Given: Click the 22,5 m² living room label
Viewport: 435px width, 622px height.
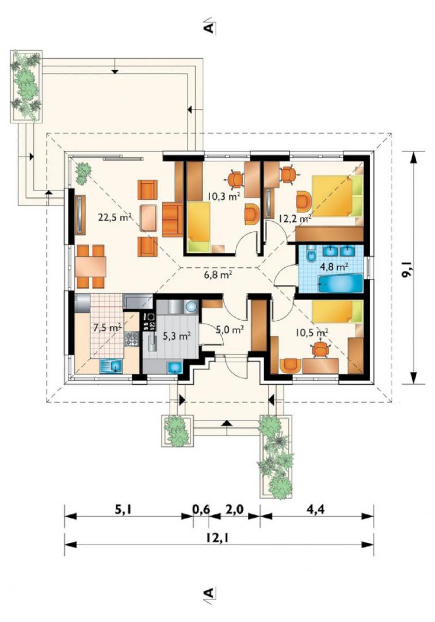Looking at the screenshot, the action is pyautogui.click(x=115, y=217).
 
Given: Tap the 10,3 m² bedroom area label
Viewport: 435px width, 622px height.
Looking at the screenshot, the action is pyautogui.click(x=224, y=195).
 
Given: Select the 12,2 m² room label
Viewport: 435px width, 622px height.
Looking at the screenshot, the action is pyautogui.click(x=295, y=218).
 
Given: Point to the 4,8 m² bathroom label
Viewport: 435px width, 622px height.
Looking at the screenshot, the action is pyautogui.click(x=334, y=266).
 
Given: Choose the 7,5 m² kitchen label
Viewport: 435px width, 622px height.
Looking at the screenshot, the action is pyautogui.click(x=107, y=327).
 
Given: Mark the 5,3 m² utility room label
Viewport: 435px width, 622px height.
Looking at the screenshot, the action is pyautogui.click(x=177, y=336).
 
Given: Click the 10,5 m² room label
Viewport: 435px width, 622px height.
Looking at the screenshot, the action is pyautogui.click(x=311, y=332).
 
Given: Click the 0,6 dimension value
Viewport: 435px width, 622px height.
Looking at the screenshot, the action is pyautogui.click(x=201, y=509).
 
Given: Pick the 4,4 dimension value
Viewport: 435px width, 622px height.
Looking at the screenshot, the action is pyautogui.click(x=315, y=509).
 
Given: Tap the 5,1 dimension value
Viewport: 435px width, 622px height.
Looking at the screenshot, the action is pyautogui.click(x=124, y=509).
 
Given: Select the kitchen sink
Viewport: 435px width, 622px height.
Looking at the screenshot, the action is pyautogui.click(x=111, y=366).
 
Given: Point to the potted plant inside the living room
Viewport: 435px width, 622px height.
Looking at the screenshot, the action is pyautogui.click(x=83, y=173).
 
